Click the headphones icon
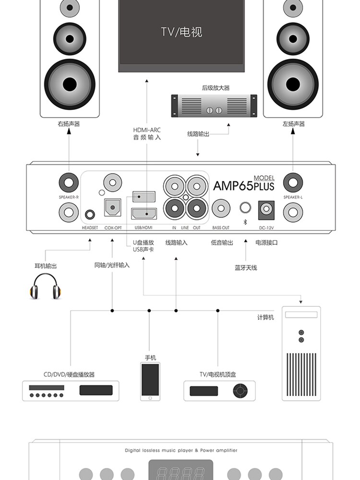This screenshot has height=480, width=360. click(45, 286)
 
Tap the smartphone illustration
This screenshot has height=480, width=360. click(150, 381)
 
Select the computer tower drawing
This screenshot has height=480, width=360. click(301, 353)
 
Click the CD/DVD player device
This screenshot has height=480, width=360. click(71, 390)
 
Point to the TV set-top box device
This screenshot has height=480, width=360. click(219, 390)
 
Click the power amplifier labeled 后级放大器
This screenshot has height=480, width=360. click(214, 105)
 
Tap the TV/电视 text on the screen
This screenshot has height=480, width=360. click(181, 32)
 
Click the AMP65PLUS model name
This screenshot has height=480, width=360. click(243, 185)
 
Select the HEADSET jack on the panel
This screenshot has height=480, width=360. click(90, 215)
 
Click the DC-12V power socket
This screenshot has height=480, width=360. click(266, 210)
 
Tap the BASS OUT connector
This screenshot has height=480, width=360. click(221, 209)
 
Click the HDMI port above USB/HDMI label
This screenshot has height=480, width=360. click(143, 213)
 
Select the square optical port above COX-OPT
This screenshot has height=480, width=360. click(113, 208)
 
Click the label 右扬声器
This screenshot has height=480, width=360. click(69, 124)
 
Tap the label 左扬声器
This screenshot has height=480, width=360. click(293, 124)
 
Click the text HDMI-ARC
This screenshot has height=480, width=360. click(147, 130)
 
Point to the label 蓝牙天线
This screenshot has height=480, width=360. click(246, 268)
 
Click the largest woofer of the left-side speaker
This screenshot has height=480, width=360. click(70, 84)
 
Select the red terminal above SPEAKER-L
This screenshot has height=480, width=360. click(293, 182)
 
